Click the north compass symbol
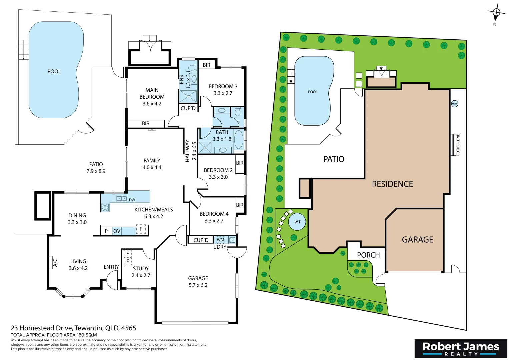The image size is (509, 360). tap(496, 13)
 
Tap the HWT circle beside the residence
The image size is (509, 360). tap(454, 104)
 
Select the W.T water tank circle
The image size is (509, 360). tap(297, 222)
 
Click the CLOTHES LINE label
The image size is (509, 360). tap(458, 145)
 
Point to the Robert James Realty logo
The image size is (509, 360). tap(461, 349)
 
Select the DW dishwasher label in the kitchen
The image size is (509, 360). tap(132, 200)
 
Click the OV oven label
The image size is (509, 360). tap(117, 231)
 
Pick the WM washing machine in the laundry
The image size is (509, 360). tap(220, 240)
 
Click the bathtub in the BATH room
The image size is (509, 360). tap(239, 139)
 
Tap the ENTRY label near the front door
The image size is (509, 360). tap(111, 267)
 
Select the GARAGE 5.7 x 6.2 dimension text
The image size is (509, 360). tap(198, 285)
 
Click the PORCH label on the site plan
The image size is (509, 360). tap(368, 255)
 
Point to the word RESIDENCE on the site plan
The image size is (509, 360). tap(392, 184)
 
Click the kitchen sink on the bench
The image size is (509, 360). tap(121, 199)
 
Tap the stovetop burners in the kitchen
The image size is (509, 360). tap(105, 208)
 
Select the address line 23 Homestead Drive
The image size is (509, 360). tap(73, 328)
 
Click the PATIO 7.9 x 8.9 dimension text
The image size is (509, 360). tap(96, 171)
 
